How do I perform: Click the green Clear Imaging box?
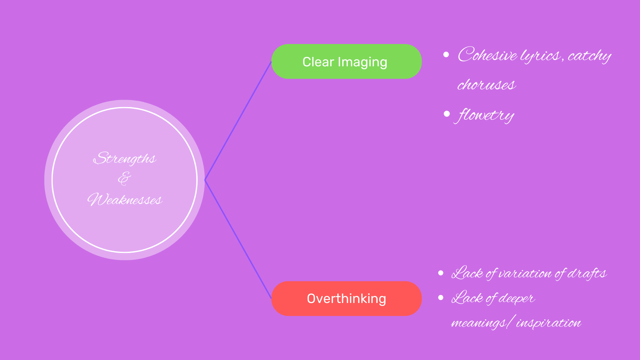point(346,62)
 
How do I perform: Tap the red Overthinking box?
point(346,298)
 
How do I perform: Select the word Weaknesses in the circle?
point(125,200)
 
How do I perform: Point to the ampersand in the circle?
point(124,179)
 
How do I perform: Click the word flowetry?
point(485,115)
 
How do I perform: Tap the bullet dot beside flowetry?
point(447,114)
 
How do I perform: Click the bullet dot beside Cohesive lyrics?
point(446,55)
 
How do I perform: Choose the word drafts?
point(587,273)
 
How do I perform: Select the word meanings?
point(478,323)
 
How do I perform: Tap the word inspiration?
point(548,323)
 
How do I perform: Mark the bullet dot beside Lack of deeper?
point(441,297)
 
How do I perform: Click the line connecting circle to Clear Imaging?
point(238,121)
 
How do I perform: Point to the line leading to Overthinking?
point(238,239)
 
